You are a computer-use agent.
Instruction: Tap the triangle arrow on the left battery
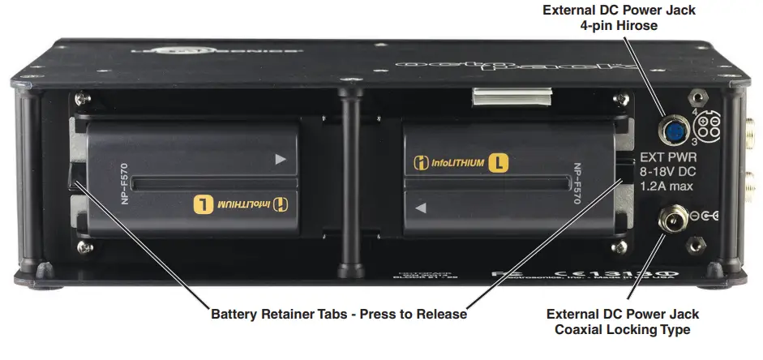pos(281,160)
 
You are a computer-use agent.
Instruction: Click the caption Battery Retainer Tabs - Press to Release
pos(338,315)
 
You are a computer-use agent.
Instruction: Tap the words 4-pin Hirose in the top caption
pos(619,26)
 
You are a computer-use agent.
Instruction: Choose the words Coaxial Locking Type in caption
pos(622,329)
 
